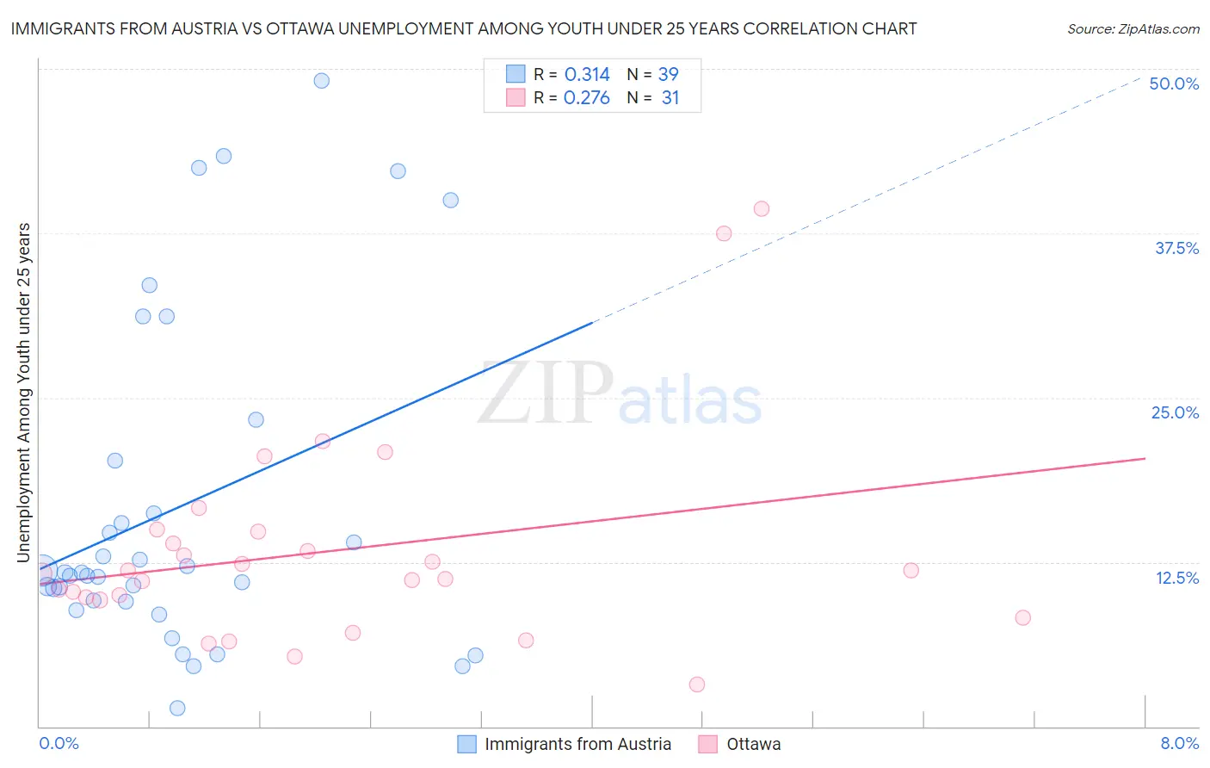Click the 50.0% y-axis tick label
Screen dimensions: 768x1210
click(x=1174, y=84)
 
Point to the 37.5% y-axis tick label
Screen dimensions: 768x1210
click(x=1176, y=248)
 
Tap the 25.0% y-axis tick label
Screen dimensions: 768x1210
click(x=1175, y=412)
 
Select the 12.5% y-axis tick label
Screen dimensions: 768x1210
click(x=1176, y=578)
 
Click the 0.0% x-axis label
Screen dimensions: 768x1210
click(x=59, y=743)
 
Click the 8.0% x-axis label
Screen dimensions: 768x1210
click(x=1179, y=743)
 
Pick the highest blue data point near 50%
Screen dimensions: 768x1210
click(x=321, y=81)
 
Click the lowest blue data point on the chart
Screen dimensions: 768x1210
click(x=177, y=708)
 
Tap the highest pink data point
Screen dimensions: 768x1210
click(x=761, y=208)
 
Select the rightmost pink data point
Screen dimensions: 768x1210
click(x=1022, y=617)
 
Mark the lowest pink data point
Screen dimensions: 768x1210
click(x=697, y=684)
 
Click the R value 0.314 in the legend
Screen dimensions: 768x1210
click(x=587, y=75)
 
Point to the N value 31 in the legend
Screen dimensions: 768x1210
click(x=670, y=98)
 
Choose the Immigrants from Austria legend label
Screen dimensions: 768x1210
click(x=577, y=744)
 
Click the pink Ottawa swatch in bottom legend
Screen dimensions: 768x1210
click(x=707, y=744)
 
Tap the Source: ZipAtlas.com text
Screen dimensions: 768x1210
click(x=1133, y=29)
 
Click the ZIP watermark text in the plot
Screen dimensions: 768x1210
click(x=546, y=394)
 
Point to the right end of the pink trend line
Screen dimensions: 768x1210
click(x=1145, y=459)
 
